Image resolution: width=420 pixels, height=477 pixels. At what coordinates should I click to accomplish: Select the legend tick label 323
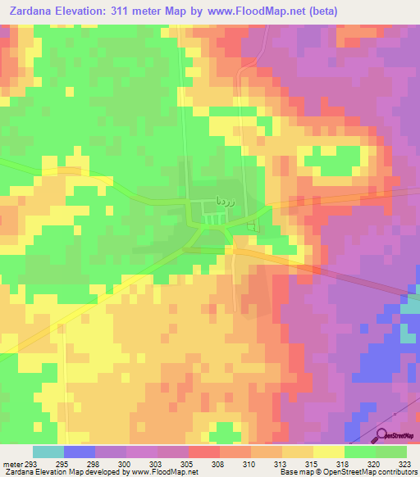(x=405, y=463)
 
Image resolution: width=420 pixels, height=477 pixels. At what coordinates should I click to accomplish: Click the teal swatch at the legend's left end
(x=48, y=452)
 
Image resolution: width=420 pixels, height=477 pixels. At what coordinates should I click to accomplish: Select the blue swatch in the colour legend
(x=79, y=452)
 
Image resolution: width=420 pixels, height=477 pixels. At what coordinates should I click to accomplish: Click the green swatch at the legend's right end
(x=390, y=452)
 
